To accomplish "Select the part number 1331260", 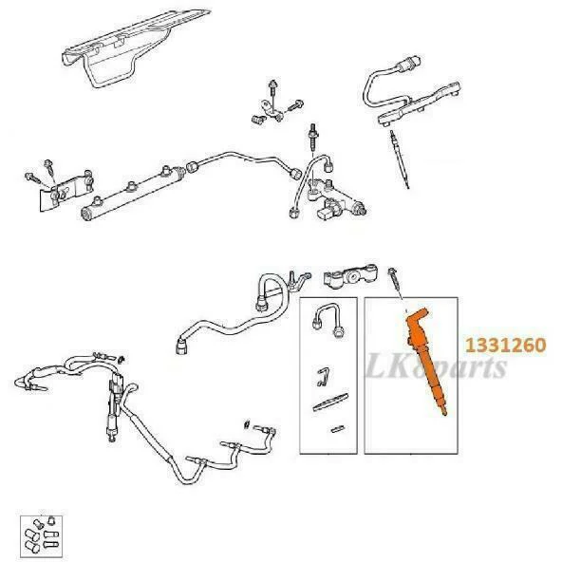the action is click(505, 346).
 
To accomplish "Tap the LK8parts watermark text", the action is click(436, 366).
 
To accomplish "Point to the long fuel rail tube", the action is click(133, 193).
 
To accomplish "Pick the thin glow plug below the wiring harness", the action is click(400, 159).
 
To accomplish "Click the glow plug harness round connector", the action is click(408, 65).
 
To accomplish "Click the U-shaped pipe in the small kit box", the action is click(328, 318).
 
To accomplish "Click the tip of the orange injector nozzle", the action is click(445, 414).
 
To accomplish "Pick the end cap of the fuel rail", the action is click(86, 215).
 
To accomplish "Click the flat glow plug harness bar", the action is click(419, 104).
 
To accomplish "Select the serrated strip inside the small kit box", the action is click(330, 402).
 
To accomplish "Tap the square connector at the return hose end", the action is click(180, 347).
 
